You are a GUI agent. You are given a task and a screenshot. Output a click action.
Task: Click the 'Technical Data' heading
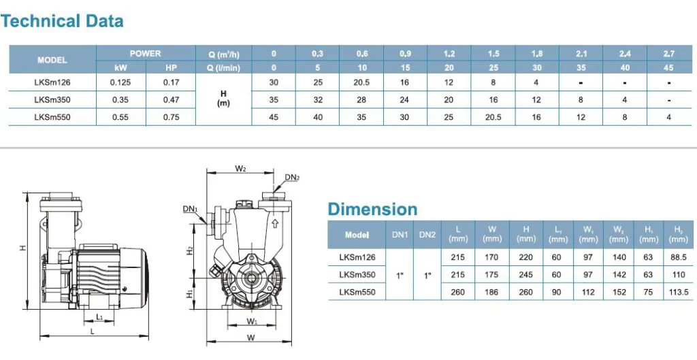[x=62, y=21]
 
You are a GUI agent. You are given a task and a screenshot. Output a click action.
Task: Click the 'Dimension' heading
[x=372, y=210]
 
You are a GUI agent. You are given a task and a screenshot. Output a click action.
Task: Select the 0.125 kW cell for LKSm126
[x=120, y=82]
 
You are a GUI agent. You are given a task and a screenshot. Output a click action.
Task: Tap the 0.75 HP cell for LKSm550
[x=171, y=117]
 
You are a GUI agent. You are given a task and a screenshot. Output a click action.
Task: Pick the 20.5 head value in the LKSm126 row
[x=361, y=82]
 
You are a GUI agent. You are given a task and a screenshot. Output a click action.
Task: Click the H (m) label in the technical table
[x=223, y=99]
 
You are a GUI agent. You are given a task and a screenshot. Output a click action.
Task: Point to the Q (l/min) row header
[x=223, y=68]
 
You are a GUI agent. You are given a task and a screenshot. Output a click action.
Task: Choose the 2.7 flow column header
[x=668, y=54]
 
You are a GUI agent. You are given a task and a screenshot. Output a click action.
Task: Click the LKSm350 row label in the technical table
[x=52, y=100]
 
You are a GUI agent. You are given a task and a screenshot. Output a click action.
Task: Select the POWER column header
[x=146, y=54]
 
